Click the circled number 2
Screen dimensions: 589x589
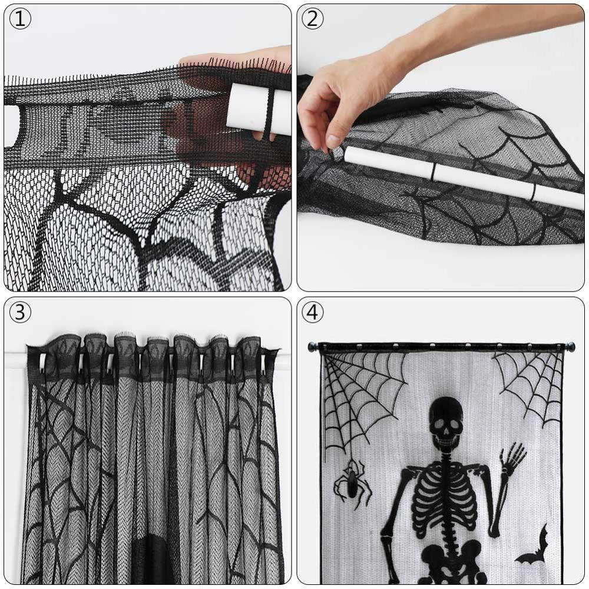pyautogui.click(x=312, y=19)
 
